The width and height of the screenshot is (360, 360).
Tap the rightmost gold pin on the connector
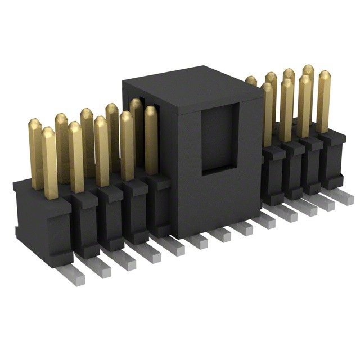pyautogui.click(x=323, y=101)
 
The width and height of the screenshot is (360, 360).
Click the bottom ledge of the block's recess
pyautogui.click(x=216, y=168)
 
